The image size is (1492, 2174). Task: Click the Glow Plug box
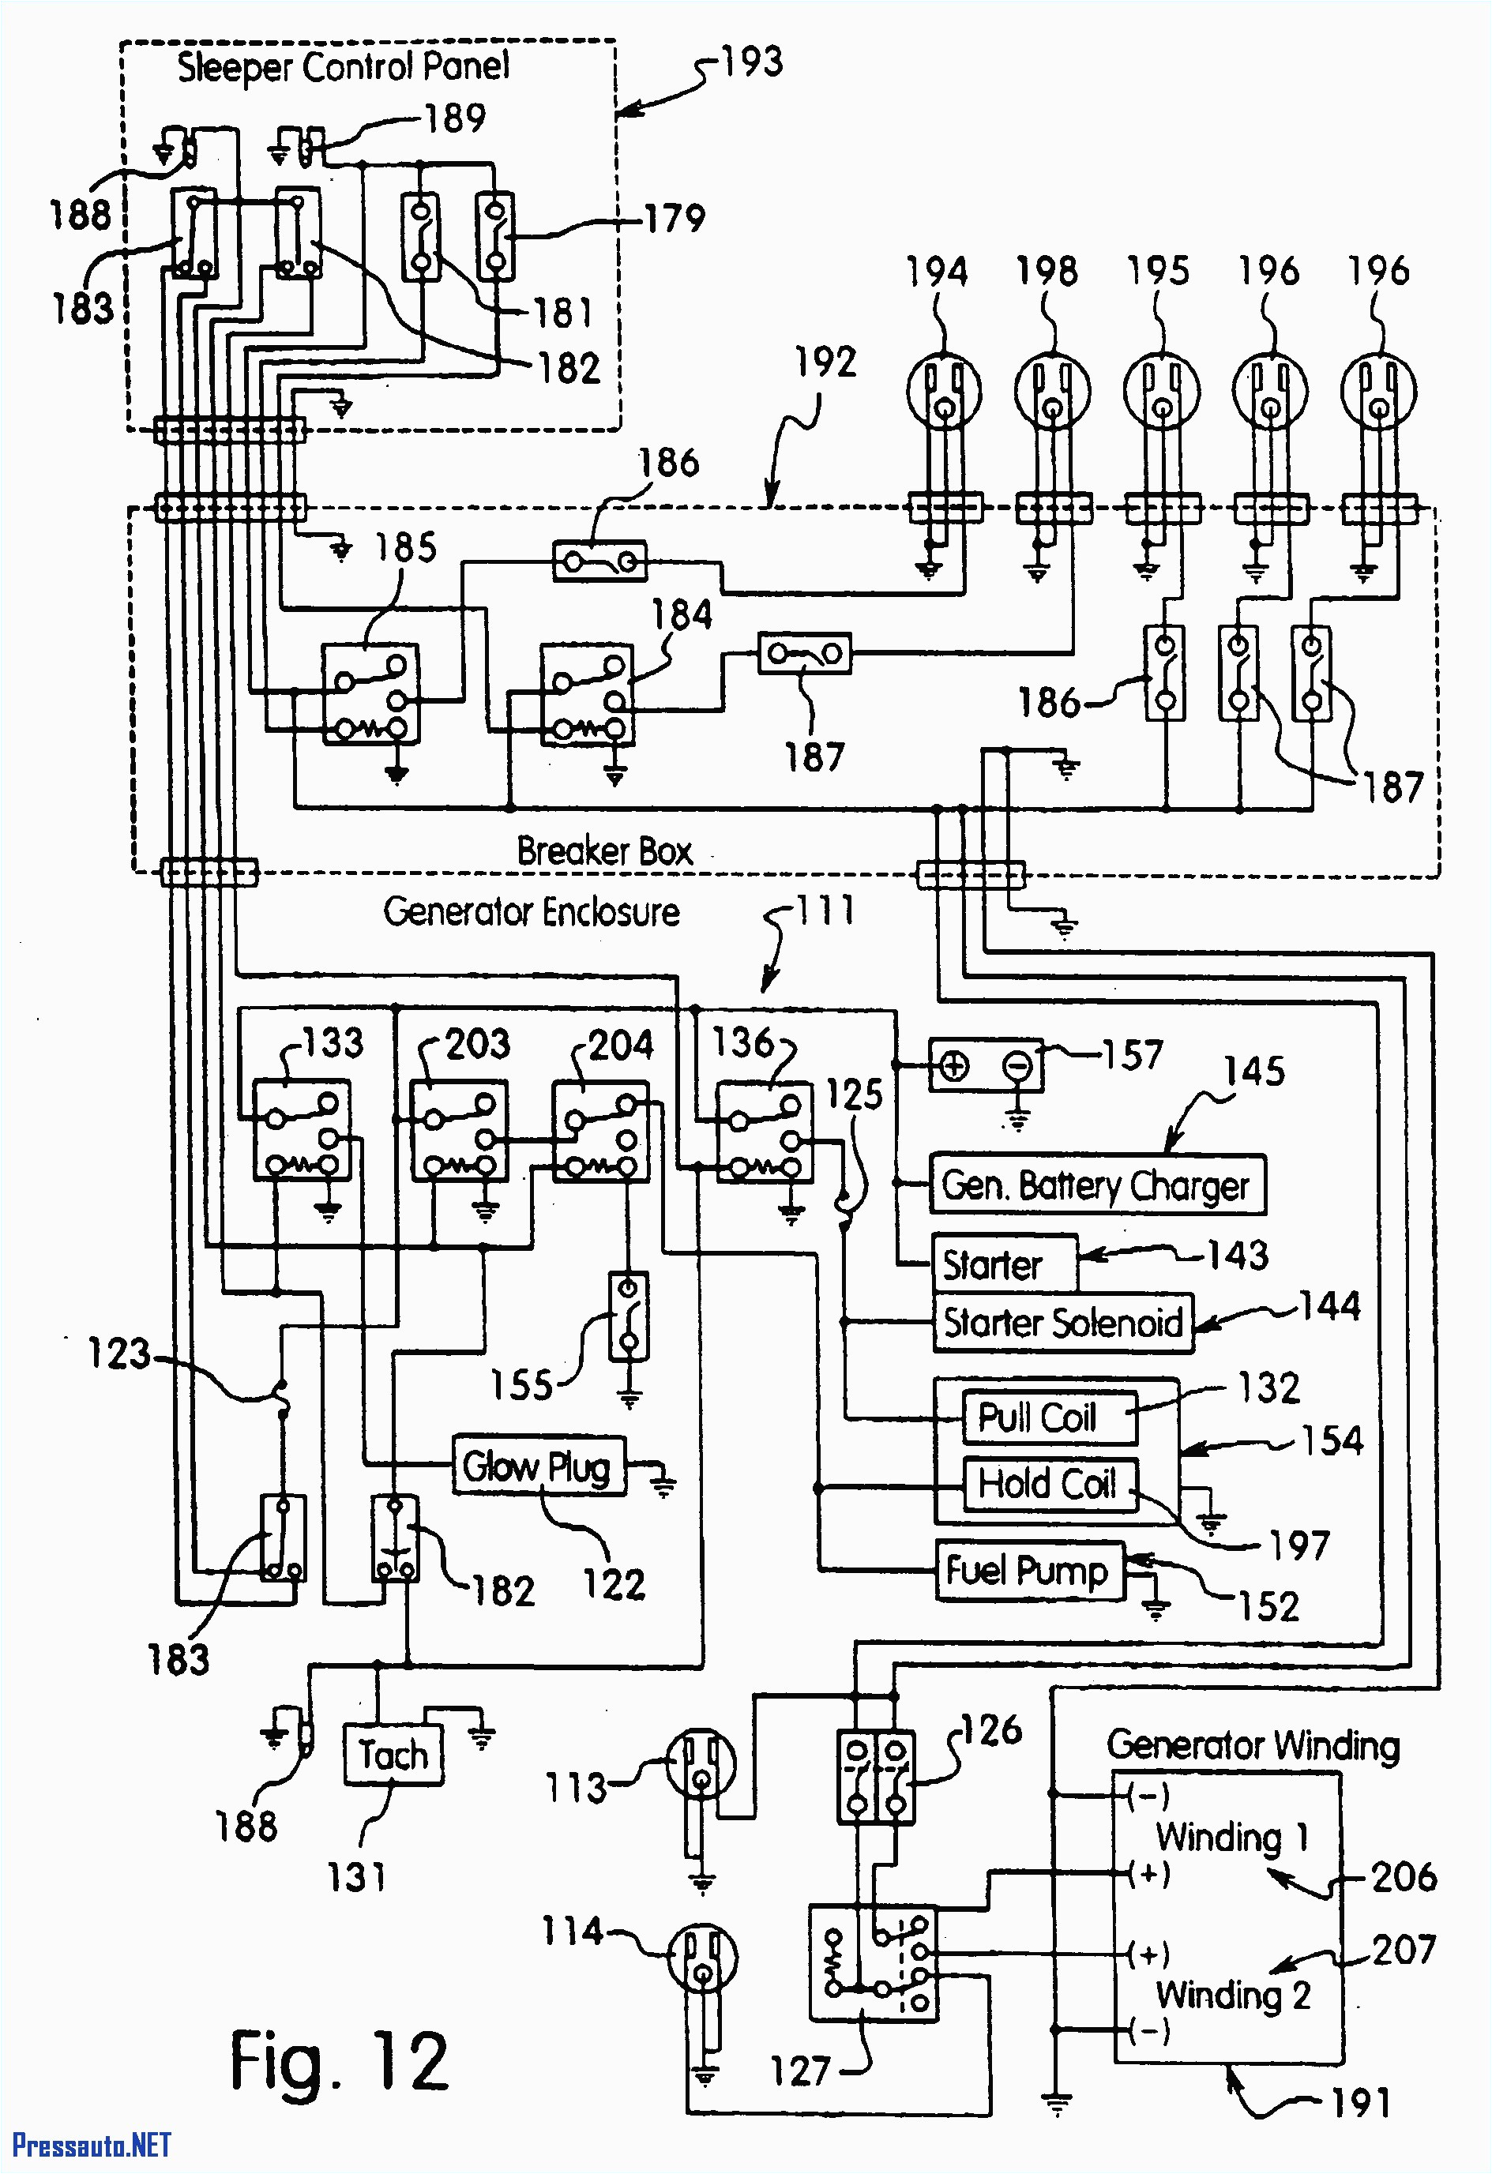(x=538, y=1466)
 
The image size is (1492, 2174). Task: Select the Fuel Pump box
(x=1029, y=1571)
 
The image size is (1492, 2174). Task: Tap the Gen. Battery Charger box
(x=1096, y=1185)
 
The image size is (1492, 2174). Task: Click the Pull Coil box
(x=1049, y=1417)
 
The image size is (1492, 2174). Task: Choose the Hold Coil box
(x=1049, y=1484)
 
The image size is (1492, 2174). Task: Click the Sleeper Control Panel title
(x=344, y=67)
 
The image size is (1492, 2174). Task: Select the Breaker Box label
(x=604, y=850)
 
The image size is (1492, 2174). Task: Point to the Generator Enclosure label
(x=532, y=911)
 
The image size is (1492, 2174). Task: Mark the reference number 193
(x=752, y=62)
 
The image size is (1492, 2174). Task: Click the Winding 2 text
(x=1232, y=1995)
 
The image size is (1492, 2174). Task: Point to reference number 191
(x=1361, y=2104)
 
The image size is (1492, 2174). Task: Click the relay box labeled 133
(x=301, y=1129)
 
